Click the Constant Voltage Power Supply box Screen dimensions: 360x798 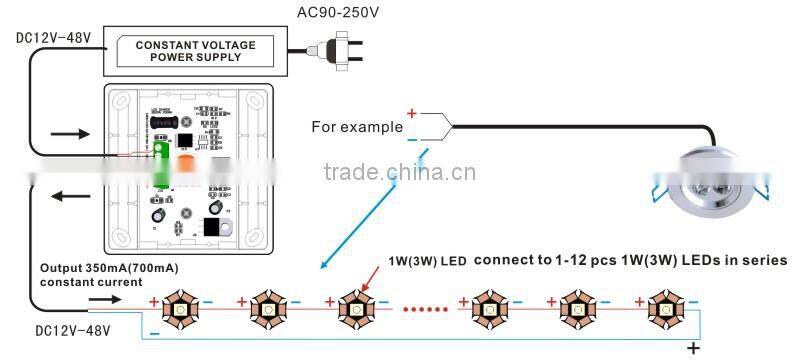click(x=195, y=51)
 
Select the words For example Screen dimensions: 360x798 click(x=357, y=127)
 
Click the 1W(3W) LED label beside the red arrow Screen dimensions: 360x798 click(x=427, y=262)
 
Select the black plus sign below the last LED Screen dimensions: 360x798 click(x=692, y=347)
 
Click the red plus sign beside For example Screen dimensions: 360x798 click(x=411, y=114)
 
